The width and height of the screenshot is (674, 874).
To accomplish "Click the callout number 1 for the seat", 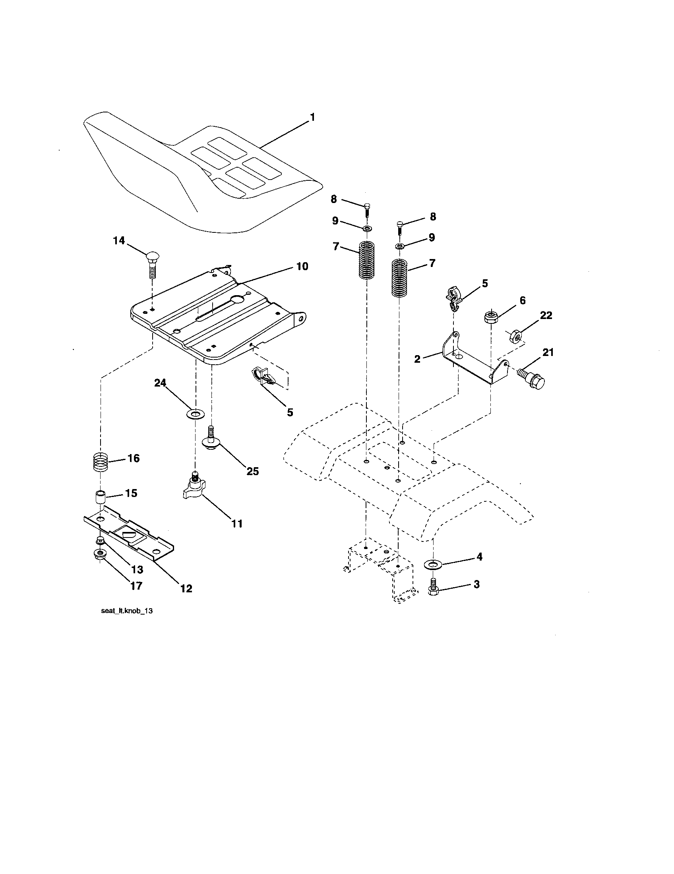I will pos(312,117).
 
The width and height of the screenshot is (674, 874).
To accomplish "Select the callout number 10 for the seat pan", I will pos(302,266).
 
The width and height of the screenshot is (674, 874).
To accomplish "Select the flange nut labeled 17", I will pos(99,555).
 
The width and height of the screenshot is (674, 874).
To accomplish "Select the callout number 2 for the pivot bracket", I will pos(417,359).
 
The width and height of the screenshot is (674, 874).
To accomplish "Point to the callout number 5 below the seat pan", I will pos(290,412).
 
